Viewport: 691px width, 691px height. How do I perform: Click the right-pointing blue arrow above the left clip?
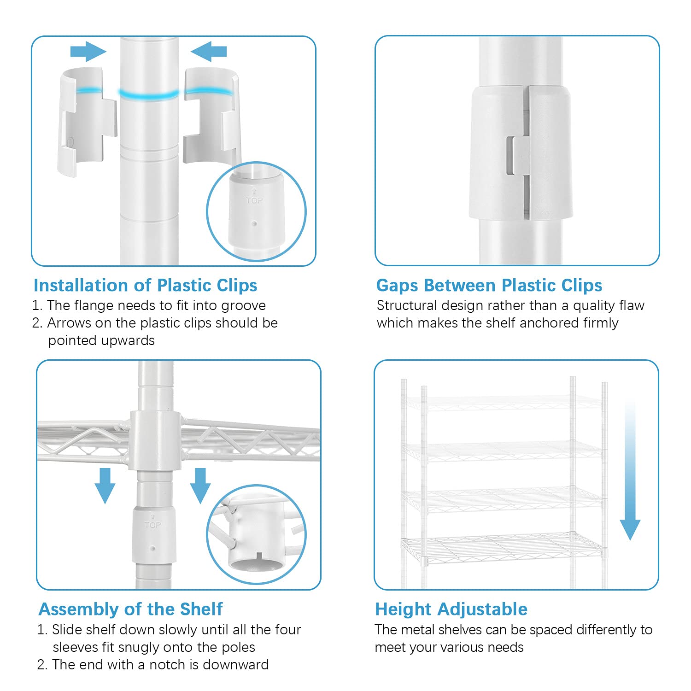88,51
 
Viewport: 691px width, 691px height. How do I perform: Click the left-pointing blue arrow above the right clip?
209,51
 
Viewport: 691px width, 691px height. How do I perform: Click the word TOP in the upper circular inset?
254,200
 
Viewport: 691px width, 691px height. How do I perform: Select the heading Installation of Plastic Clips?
145,285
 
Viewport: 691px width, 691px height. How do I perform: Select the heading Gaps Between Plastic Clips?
489,285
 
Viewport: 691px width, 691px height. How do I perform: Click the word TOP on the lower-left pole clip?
152,525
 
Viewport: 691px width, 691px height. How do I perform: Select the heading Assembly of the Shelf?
130,609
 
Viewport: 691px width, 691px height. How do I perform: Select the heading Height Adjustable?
451,609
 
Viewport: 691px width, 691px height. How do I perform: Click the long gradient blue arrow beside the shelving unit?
630,470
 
